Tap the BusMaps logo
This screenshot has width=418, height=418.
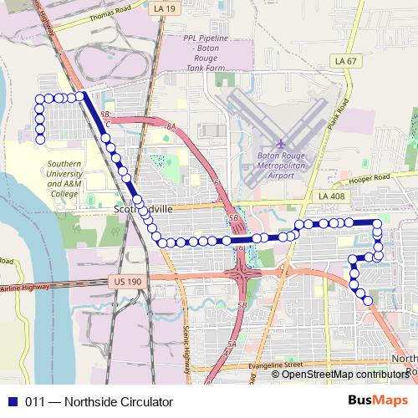tap(379, 400)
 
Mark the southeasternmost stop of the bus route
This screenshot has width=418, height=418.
tap(368, 299)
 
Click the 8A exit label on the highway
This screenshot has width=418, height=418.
tap(171, 126)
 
